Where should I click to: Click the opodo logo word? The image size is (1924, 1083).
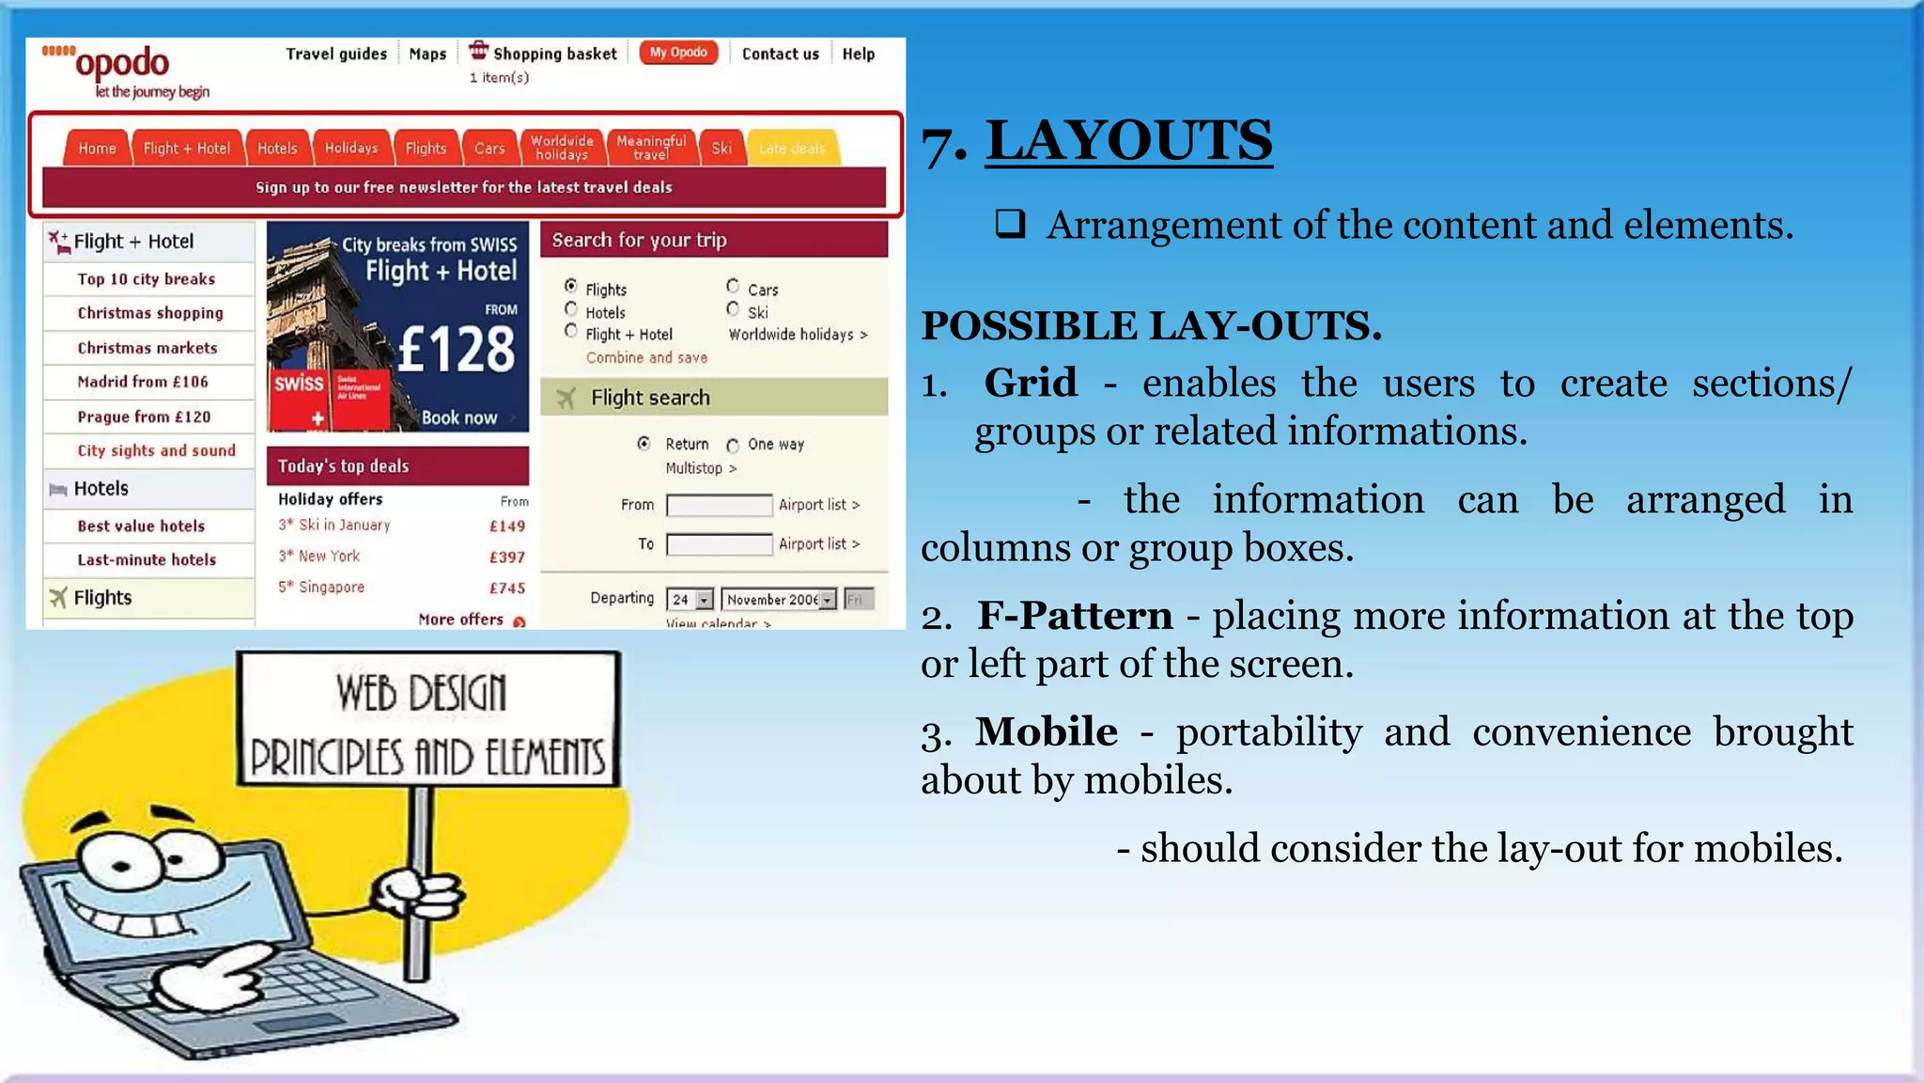click(122, 64)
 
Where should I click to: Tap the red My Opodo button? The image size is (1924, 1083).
click(678, 53)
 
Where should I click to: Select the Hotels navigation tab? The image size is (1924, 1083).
click(277, 149)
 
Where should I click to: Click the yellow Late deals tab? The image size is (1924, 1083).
click(792, 149)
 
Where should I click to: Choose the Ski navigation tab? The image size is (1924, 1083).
click(721, 149)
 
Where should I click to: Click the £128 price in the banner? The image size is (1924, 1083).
click(457, 350)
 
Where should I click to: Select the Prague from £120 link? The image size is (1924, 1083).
click(144, 416)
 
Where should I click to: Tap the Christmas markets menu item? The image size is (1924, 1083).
click(147, 348)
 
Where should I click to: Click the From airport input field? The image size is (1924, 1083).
click(719, 506)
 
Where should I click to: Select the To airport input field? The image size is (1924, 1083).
click(719, 544)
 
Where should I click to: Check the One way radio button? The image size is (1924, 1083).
click(733, 446)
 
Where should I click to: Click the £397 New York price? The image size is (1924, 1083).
click(507, 557)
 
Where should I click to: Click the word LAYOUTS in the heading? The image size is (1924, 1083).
click(1128, 141)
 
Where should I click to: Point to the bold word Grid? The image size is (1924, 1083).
click(1031, 383)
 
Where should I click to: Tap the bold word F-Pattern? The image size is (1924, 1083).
click(1075, 616)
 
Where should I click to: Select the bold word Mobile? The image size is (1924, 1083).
click(1047, 731)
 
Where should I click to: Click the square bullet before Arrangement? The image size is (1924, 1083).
click(1010, 224)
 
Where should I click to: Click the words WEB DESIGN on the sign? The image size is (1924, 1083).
click(422, 694)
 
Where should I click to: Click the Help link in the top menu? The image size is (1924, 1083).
click(858, 55)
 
